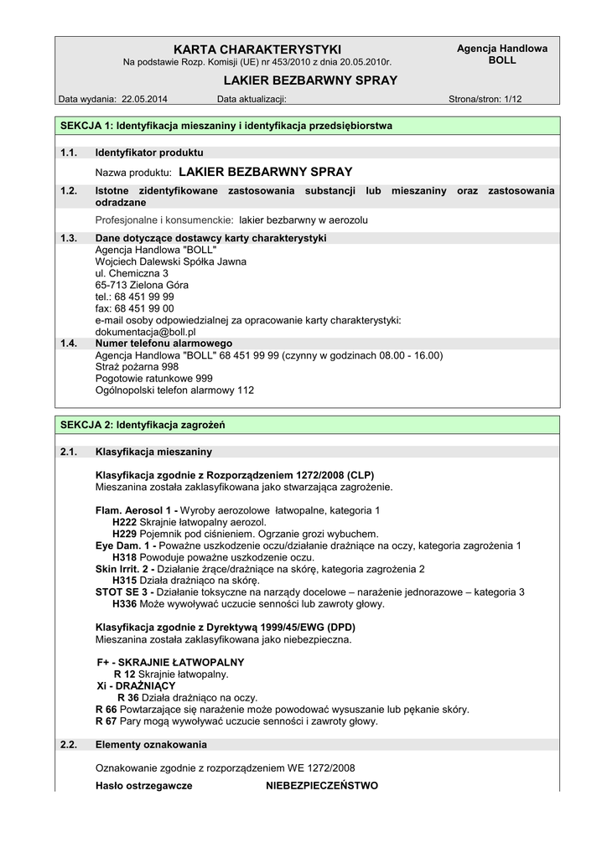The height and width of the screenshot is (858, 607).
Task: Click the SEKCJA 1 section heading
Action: (226, 127)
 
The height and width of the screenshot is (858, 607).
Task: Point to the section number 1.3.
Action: (69, 238)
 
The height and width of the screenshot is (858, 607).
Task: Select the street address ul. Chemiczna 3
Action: (132, 273)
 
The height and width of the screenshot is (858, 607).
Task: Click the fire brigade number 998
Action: (170, 367)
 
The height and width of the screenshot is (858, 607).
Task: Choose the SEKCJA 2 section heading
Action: (143, 426)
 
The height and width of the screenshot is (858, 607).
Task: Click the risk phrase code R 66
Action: (105, 709)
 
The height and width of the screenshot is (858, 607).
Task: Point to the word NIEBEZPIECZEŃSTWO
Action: (322, 786)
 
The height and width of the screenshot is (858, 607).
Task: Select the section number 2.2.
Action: (69, 744)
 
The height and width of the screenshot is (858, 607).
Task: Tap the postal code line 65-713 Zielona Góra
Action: (142, 285)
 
